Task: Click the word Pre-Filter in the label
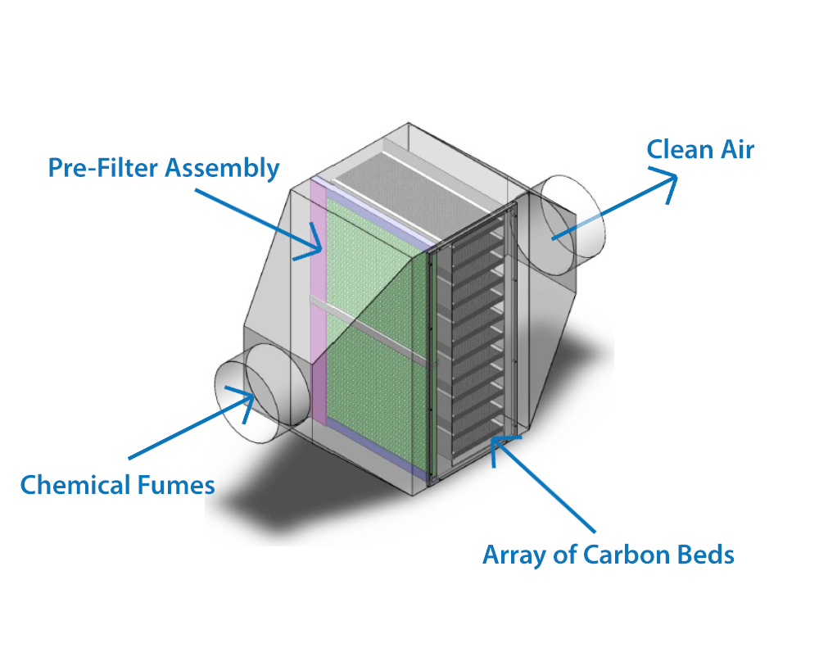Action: point(102,168)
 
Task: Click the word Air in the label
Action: point(736,149)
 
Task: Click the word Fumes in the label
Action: point(172,485)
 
